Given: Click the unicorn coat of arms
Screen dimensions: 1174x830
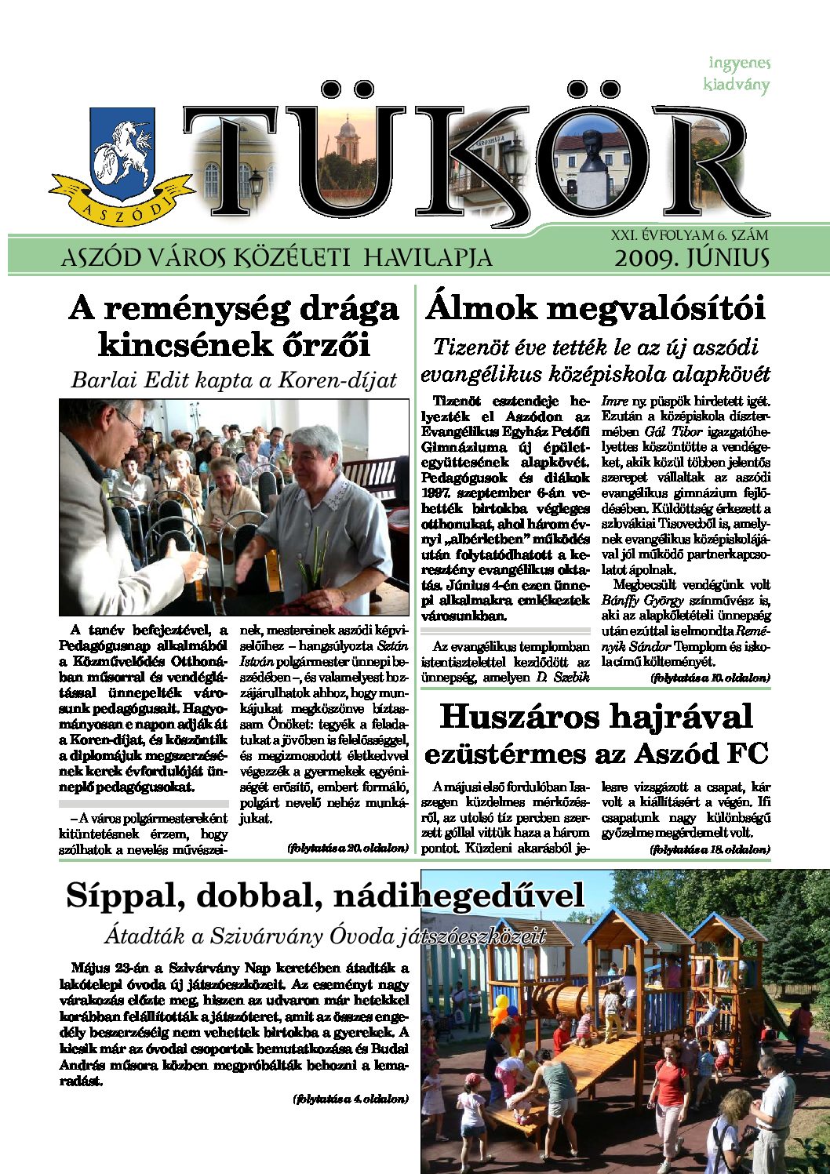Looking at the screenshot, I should [123, 149].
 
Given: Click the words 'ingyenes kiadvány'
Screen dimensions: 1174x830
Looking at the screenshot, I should [737, 74].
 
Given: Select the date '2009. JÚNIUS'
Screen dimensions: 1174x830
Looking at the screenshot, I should [691, 258].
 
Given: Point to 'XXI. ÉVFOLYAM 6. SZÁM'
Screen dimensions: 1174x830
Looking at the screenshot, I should [690, 234].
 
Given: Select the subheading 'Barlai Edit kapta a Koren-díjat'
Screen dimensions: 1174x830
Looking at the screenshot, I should [234, 380].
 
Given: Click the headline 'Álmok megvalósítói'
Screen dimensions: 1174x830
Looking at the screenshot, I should [595, 308].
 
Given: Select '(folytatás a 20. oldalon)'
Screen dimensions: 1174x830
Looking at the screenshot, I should [348, 848].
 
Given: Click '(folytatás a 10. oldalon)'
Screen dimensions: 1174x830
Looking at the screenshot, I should [710, 677].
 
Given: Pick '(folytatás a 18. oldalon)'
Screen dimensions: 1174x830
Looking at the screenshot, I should [710, 849].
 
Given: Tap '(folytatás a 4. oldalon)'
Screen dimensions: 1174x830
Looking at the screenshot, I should [350, 1099].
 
